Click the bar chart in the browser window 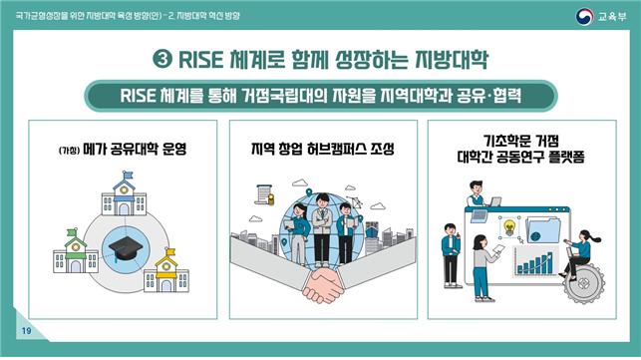pos(534,263)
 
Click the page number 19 pos(25,332)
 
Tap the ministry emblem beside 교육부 pos(585,16)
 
